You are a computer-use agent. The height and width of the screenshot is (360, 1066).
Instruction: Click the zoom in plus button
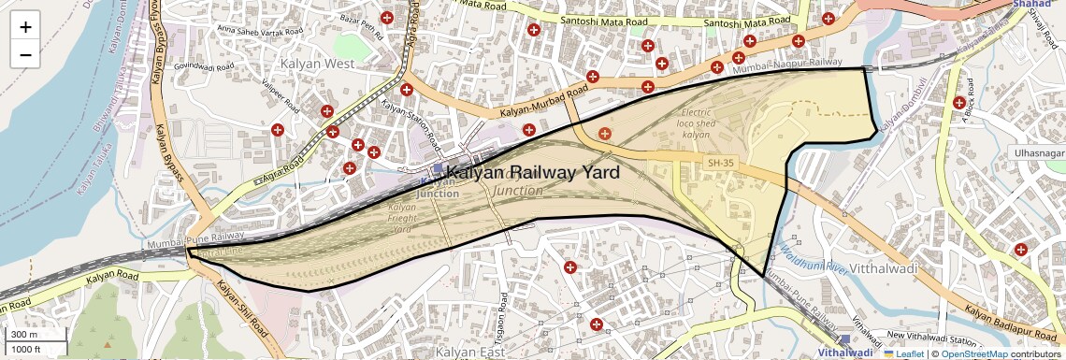click(x=25, y=26)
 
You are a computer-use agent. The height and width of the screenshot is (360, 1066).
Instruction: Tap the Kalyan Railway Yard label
click(x=533, y=173)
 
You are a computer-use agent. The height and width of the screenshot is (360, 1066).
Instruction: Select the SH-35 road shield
click(x=719, y=164)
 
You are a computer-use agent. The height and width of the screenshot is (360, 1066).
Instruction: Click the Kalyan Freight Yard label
click(x=401, y=218)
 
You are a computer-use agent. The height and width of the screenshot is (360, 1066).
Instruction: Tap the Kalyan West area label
click(x=317, y=64)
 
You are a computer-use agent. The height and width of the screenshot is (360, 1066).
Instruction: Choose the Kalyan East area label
click(x=471, y=352)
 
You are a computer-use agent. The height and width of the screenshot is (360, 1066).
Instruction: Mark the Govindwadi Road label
click(x=190, y=67)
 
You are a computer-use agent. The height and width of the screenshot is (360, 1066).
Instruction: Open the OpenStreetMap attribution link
click(x=974, y=354)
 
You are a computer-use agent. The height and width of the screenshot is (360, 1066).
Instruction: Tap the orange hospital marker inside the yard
click(x=605, y=134)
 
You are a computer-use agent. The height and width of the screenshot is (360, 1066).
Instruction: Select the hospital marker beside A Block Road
click(x=958, y=102)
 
